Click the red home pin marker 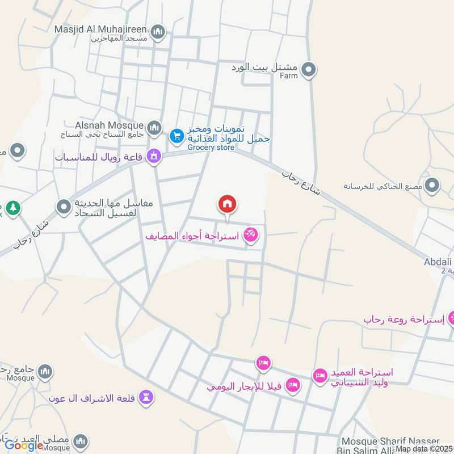point(228,204)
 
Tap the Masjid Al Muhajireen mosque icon point(159,31)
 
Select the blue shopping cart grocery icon point(176,136)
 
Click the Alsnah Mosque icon point(154,129)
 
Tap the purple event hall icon point(153,155)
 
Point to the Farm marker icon point(309,70)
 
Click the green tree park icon point(13,208)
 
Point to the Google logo point(24,445)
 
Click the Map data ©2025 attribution point(424,449)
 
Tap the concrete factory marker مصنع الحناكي point(432,185)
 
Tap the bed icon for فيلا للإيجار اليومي point(293,385)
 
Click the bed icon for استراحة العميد point(320,376)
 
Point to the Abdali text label point(438,262)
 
